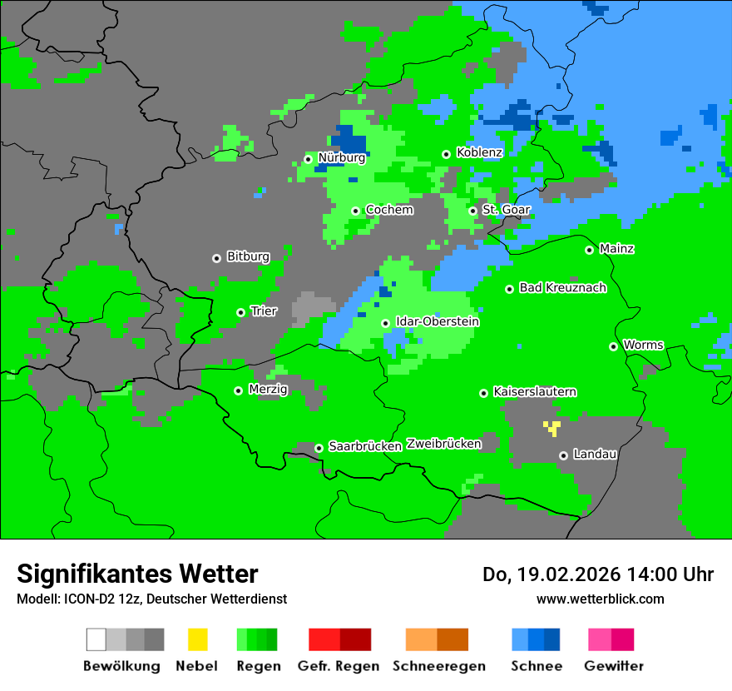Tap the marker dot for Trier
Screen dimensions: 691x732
point(240,312)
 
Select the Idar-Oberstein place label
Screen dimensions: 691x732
point(437,321)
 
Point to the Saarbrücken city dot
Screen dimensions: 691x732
point(319,448)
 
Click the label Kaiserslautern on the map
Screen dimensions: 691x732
point(535,391)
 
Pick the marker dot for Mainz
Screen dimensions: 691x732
point(589,250)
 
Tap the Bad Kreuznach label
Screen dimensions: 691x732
point(562,287)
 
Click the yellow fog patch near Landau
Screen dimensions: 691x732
point(551,428)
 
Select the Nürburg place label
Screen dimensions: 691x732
point(341,157)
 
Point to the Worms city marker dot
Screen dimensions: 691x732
point(613,346)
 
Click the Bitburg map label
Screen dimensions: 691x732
point(248,256)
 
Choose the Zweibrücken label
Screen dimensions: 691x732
point(443,444)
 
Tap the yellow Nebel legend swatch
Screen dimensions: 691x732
point(197,639)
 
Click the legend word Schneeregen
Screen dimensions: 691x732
point(438,666)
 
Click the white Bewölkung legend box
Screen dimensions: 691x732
point(96,639)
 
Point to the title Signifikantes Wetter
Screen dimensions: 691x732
point(137,574)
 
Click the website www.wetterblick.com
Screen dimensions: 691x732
point(600,599)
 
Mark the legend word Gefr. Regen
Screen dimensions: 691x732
point(338,666)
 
